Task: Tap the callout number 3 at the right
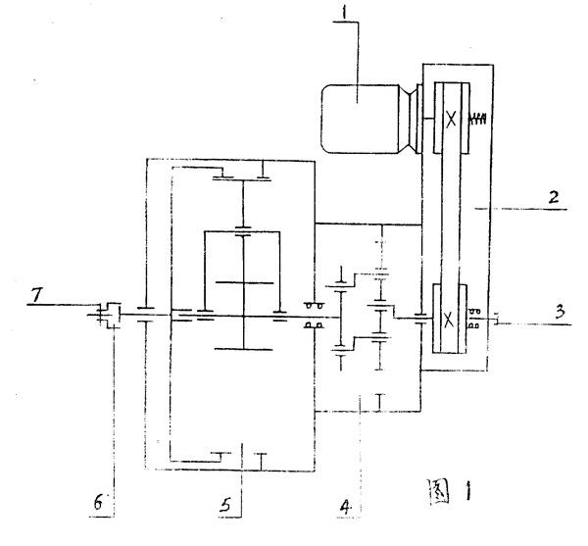(x=558, y=312)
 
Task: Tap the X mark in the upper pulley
(x=450, y=119)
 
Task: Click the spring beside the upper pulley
(x=479, y=120)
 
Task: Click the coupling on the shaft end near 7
(x=109, y=314)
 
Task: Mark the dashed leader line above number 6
(x=113, y=412)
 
